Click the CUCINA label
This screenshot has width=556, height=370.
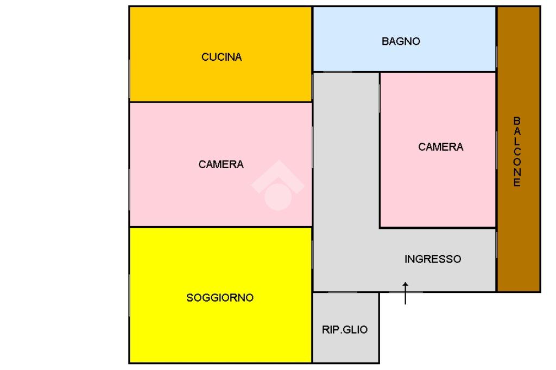[222, 57]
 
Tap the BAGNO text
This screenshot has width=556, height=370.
[401, 41]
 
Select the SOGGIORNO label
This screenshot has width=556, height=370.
[220, 298]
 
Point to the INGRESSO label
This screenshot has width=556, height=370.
[433, 259]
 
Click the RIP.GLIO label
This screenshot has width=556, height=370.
[345, 329]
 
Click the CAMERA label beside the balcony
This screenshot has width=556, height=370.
[441, 147]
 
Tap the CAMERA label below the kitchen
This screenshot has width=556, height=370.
[221, 164]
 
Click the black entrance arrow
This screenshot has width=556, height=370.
[405, 292]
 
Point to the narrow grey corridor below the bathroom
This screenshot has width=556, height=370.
[346, 163]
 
